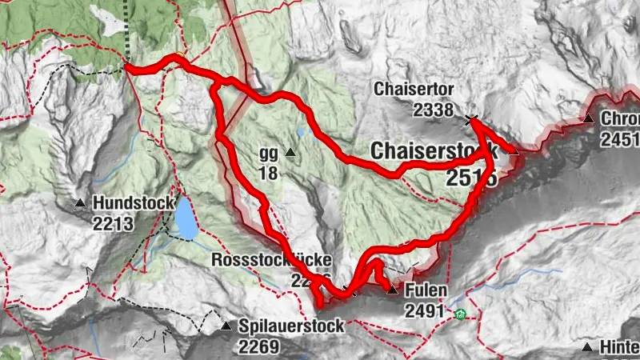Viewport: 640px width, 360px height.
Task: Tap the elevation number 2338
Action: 434,110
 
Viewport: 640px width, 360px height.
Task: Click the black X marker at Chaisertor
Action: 471,121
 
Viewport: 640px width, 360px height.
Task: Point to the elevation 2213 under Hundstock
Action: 112,225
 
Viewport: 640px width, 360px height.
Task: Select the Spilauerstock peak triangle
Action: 226,326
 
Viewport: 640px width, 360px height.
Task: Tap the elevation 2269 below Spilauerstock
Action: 258,347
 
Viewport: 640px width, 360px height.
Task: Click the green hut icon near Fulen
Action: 459,314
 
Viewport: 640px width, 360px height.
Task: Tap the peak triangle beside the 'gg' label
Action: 290,152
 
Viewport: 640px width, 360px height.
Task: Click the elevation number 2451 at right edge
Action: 620,139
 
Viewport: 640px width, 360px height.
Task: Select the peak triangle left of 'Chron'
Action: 588,119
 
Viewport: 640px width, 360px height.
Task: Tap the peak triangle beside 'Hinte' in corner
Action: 588,347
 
